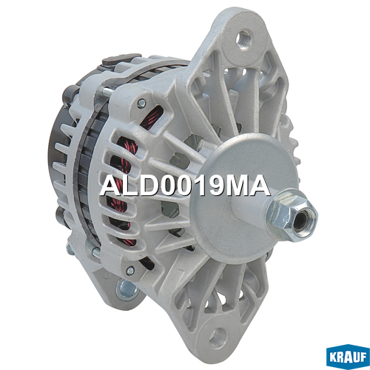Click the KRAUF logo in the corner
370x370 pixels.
click(348, 357)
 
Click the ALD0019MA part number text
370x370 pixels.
click(185, 186)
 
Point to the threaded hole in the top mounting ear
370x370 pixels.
click(243, 39)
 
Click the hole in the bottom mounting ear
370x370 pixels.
click(218, 337)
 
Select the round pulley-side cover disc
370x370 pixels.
click(244, 195)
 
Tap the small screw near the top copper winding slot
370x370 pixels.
click(141, 103)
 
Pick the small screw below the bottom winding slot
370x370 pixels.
click(130, 271)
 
